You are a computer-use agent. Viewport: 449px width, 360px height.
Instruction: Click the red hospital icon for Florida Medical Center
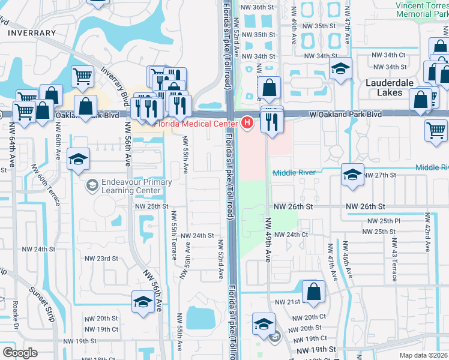click(247, 123)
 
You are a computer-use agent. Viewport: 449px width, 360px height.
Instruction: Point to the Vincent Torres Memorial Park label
click(421, 9)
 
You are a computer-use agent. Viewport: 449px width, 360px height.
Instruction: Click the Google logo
click(20, 353)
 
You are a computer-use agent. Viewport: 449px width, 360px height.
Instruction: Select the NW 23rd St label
click(101, 259)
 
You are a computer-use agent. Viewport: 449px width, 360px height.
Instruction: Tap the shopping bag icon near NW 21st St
click(313, 292)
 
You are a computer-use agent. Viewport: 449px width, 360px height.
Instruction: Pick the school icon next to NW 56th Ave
click(143, 302)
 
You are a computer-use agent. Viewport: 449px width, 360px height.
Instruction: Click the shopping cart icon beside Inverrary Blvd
click(82, 76)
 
